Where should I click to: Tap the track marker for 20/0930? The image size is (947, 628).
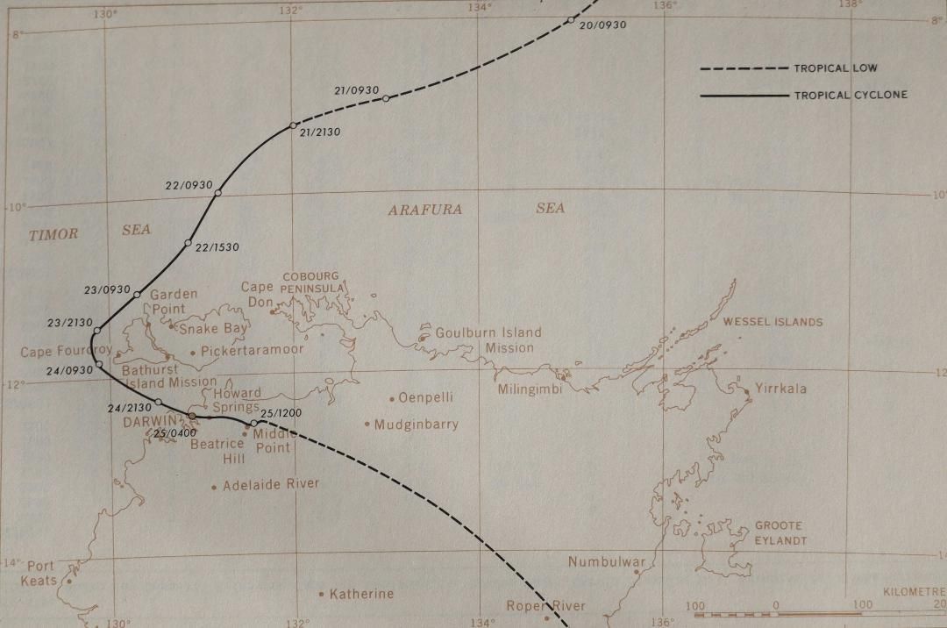[x=570, y=19]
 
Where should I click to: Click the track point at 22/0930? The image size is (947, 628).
[x=217, y=193]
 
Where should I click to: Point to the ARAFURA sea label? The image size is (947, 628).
[x=424, y=210]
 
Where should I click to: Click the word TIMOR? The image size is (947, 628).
[x=53, y=234]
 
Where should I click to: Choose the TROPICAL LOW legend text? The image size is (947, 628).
[x=835, y=68]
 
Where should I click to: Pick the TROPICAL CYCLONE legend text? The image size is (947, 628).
[x=850, y=95]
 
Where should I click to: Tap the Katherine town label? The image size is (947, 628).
[x=361, y=594]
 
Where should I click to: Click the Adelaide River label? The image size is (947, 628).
[x=271, y=484]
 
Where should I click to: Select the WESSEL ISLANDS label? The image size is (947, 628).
[x=773, y=322]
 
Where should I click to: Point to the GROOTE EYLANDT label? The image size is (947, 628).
[x=780, y=533]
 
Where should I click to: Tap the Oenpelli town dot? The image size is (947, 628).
[x=392, y=398]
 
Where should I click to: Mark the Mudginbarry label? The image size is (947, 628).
[x=416, y=425]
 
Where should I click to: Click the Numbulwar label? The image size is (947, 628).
[x=607, y=562]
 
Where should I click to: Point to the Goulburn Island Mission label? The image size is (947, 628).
[x=489, y=340]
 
